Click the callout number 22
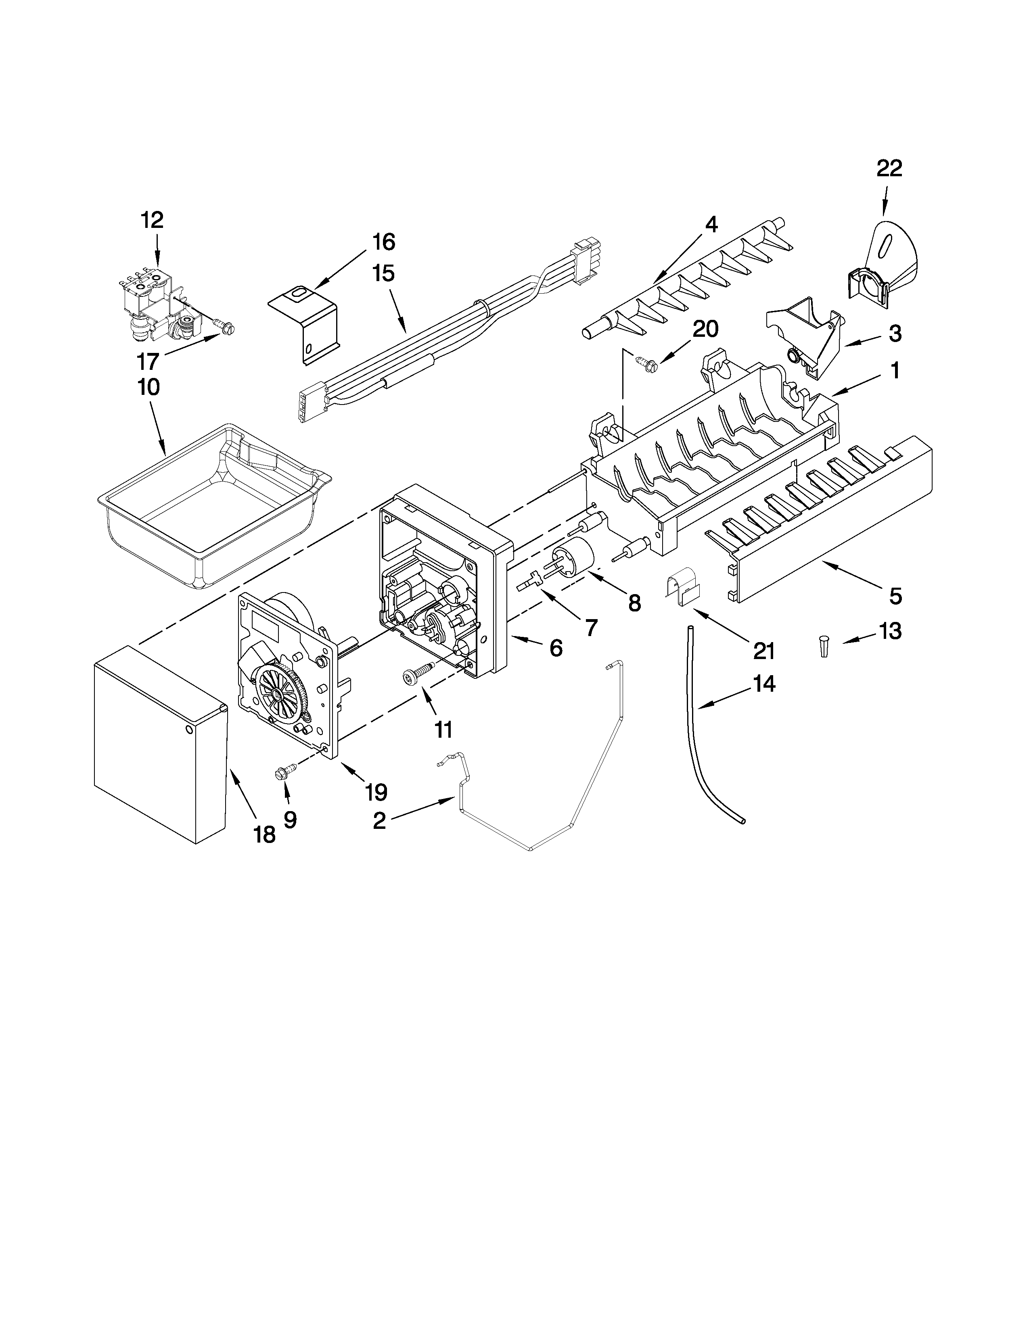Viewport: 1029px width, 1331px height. [889, 169]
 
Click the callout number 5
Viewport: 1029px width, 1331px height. [894, 596]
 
